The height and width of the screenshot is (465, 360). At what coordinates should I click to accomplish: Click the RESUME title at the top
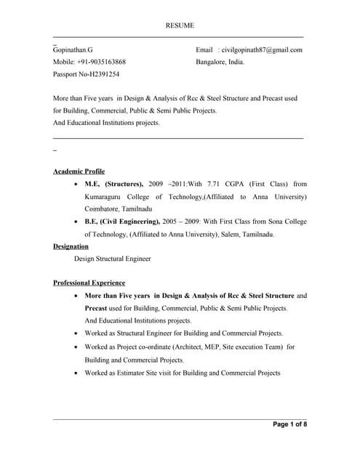tap(180, 25)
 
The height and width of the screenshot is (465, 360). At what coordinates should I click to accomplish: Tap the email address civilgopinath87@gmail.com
tap(261, 50)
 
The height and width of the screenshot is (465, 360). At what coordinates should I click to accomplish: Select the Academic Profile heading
tap(79, 171)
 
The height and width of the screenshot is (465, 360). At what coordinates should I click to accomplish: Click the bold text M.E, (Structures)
tap(114, 185)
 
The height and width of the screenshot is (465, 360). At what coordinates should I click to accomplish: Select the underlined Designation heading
tap(71, 246)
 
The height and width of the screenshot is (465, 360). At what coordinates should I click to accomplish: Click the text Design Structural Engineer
tap(113, 259)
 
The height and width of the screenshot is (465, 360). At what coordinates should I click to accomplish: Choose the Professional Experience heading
tap(89, 283)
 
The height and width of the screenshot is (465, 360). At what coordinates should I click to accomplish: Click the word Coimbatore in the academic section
tap(105, 209)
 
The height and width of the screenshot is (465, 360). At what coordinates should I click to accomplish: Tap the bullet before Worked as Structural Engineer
tap(77, 333)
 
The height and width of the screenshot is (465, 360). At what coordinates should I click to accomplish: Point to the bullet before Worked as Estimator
tap(77, 373)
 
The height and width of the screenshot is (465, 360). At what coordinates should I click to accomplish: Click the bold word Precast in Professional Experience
tap(96, 308)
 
